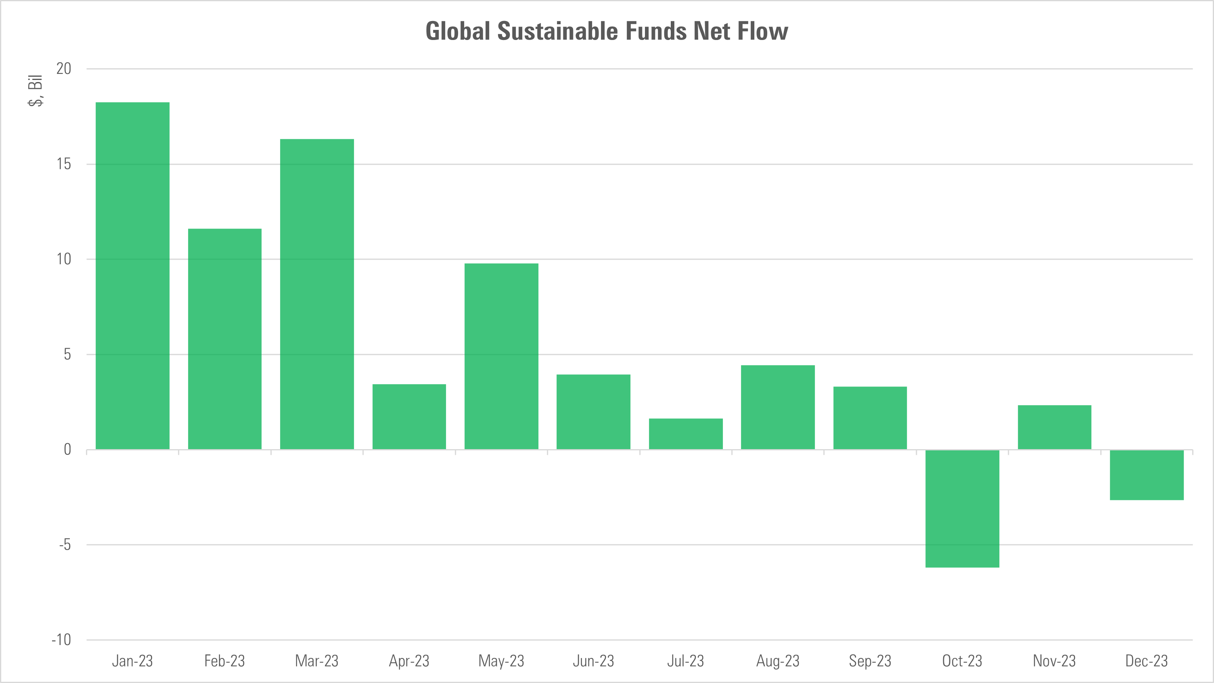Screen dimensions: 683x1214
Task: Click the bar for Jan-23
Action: click(x=132, y=275)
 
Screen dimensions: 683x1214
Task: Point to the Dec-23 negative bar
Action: click(x=1147, y=475)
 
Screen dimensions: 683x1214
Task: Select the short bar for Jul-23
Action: click(x=686, y=433)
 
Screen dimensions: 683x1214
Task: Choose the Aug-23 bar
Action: click(x=778, y=407)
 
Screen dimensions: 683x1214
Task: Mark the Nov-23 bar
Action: click(x=1054, y=427)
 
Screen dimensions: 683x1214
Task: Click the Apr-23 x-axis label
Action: click(x=409, y=661)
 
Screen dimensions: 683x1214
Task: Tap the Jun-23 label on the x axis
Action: click(x=593, y=661)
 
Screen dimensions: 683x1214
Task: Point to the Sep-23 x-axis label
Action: click(x=870, y=661)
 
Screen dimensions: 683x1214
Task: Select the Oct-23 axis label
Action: click(x=962, y=661)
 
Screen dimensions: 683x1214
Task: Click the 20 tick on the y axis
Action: click(x=64, y=69)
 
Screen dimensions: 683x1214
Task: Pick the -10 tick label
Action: click(x=61, y=640)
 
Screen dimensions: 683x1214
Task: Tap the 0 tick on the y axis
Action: click(x=67, y=450)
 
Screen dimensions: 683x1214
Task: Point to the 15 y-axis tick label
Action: click(x=64, y=164)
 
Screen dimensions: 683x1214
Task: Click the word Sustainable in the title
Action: click(x=557, y=31)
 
